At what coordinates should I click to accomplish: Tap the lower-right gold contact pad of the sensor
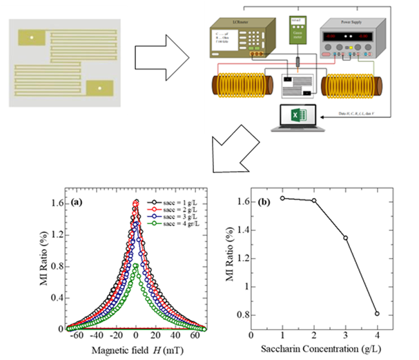[99, 88]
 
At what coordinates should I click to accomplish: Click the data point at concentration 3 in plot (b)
[345, 238]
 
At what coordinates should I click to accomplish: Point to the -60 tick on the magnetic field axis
[77, 338]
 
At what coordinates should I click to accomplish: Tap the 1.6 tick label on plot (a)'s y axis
[55, 203]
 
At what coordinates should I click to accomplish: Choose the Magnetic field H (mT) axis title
[135, 350]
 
